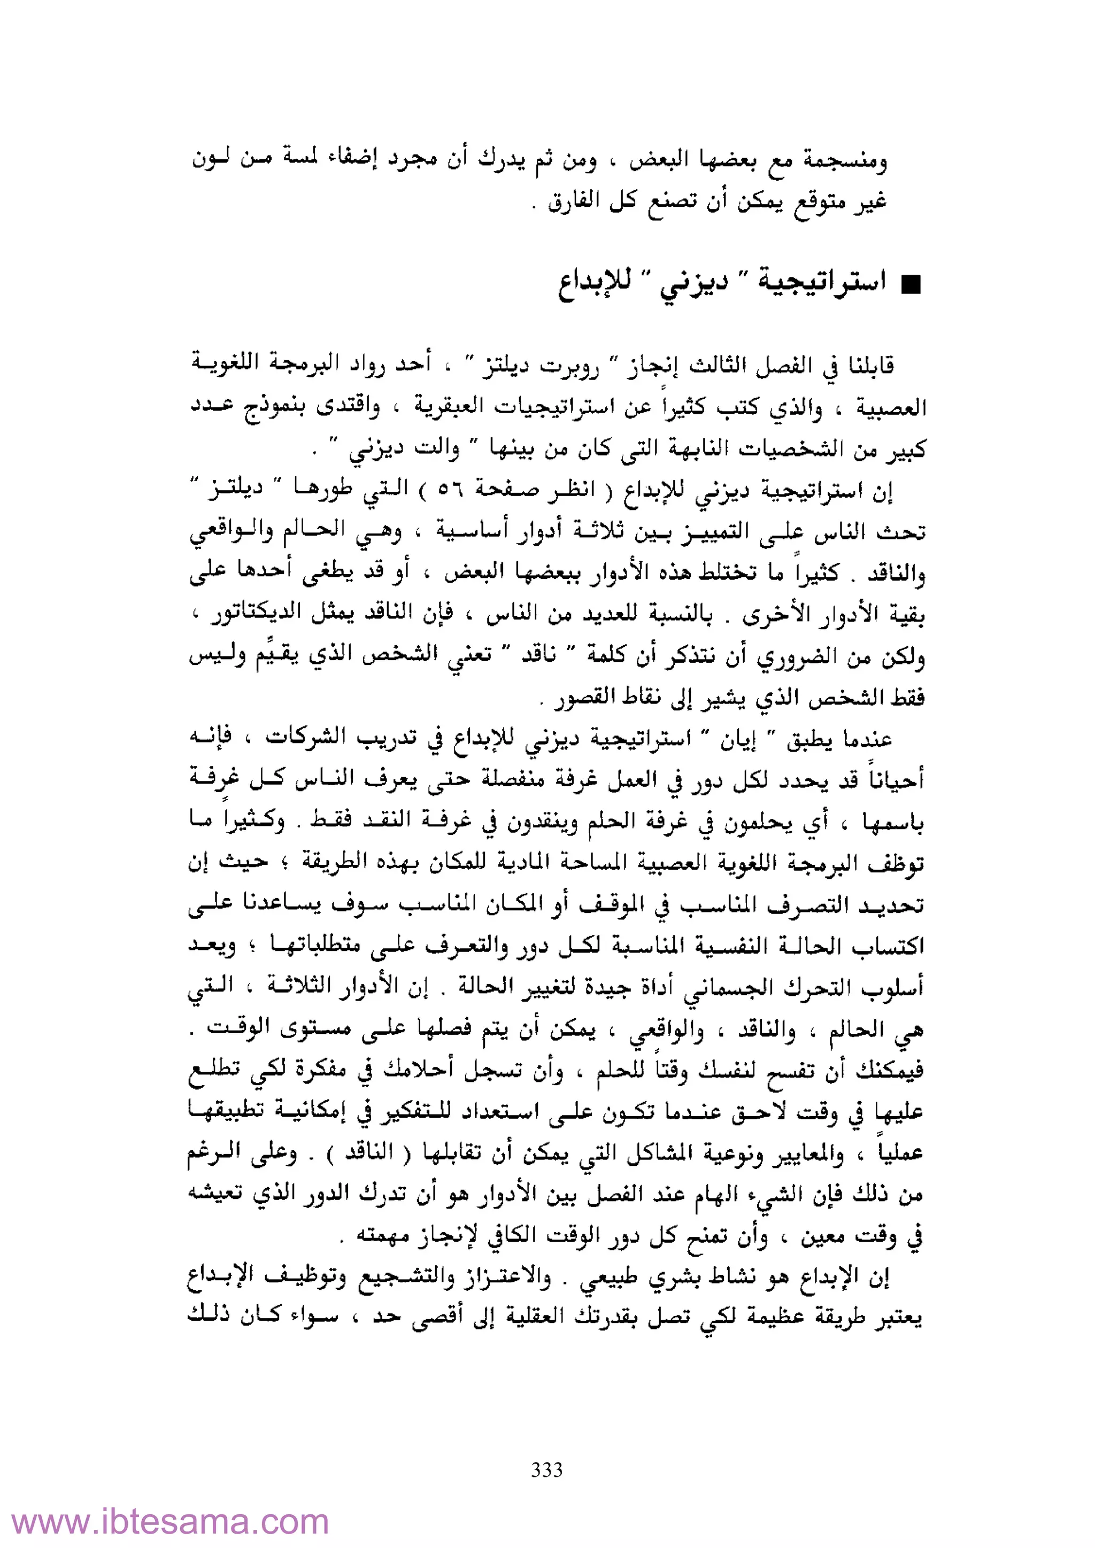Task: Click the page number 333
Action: [x=546, y=1469]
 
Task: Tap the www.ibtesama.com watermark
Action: [x=171, y=1522]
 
